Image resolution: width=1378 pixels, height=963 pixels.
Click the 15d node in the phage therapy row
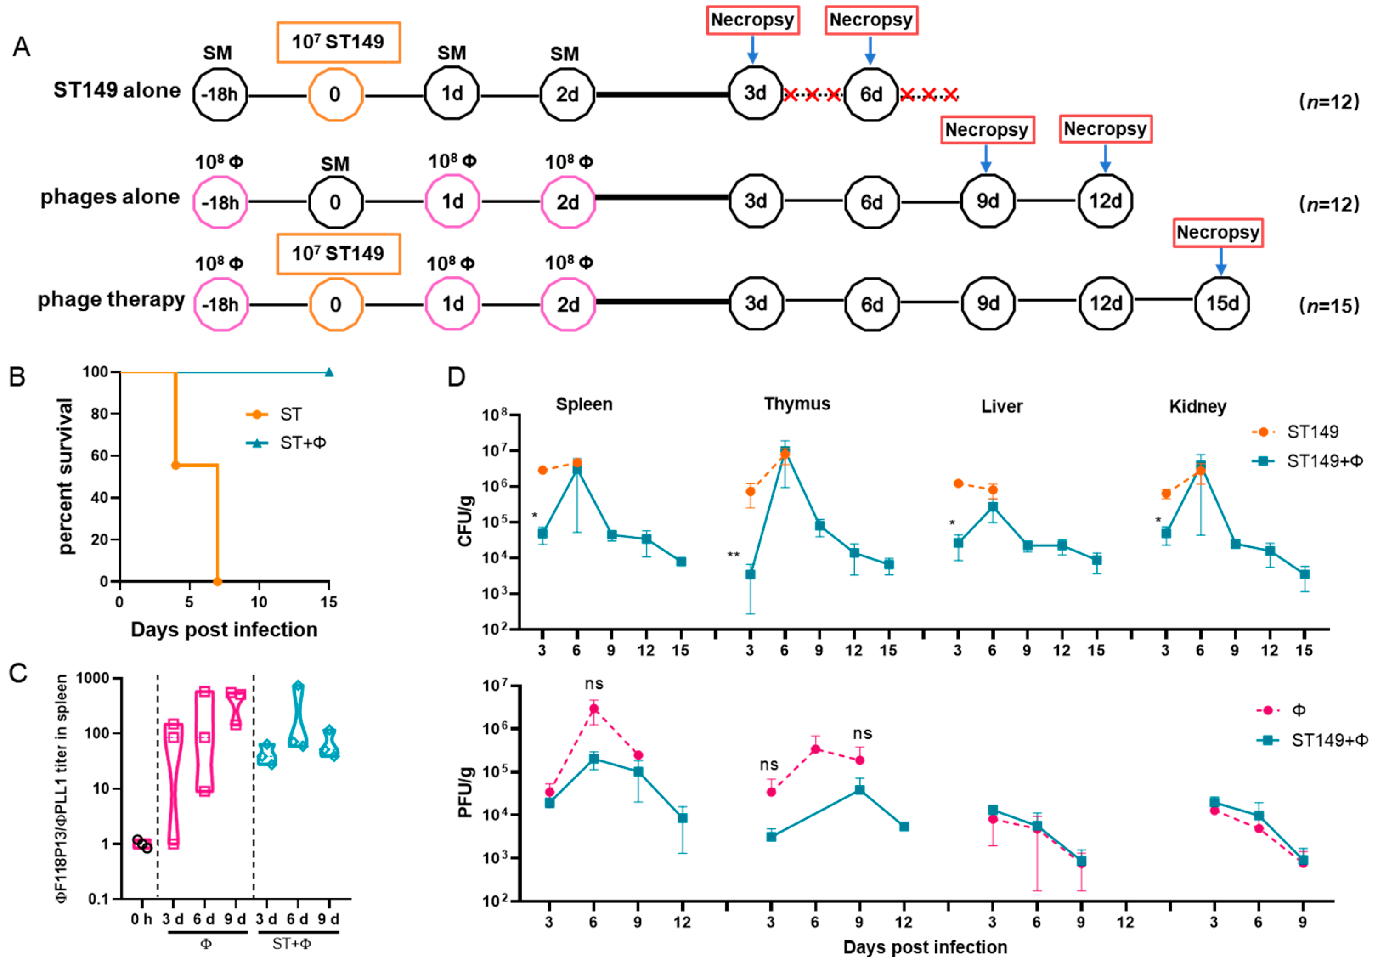(x=1221, y=304)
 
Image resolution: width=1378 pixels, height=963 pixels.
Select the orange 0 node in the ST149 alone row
(x=336, y=94)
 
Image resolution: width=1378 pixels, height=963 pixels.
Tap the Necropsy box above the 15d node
(x=1218, y=233)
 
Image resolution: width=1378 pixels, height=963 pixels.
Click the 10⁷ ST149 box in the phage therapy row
(x=339, y=254)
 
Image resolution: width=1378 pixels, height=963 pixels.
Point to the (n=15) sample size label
(x=1329, y=306)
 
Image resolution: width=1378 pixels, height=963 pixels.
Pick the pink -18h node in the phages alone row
(x=220, y=202)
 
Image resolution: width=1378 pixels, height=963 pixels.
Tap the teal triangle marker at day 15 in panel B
(x=329, y=373)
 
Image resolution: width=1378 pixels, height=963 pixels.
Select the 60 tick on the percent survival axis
(x=99, y=456)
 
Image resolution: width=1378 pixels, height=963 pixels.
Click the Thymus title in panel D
(x=796, y=404)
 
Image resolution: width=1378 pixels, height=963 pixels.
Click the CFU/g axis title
(x=466, y=521)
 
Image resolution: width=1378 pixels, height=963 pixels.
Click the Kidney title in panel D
(x=1197, y=407)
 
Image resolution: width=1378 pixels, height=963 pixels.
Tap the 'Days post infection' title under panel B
(x=224, y=630)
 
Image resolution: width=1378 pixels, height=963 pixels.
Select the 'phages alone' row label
(x=110, y=197)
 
